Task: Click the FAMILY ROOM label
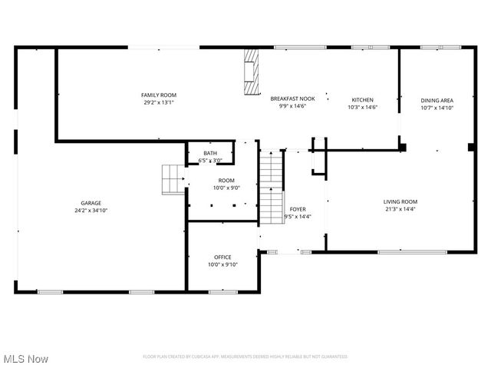pyautogui.click(x=159, y=95)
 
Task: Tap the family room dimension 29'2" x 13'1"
pyautogui.click(x=159, y=102)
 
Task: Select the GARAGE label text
pyautogui.click(x=91, y=203)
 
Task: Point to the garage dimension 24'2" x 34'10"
pyautogui.click(x=91, y=210)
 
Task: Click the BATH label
pyautogui.click(x=209, y=154)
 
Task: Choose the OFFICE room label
pyautogui.click(x=222, y=257)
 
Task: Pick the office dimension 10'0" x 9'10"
pyautogui.click(x=222, y=264)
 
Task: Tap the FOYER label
pyautogui.click(x=298, y=209)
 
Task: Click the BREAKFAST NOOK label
pyautogui.click(x=292, y=99)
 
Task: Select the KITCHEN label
pyautogui.click(x=362, y=100)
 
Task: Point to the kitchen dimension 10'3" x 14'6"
pyautogui.click(x=362, y=108)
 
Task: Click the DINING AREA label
pyautogui.click(x=437, y=100)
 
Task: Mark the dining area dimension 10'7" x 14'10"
pyautogui.click(x=437, y=108)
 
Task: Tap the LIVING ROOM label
pyautogui.click(x=400, y=201)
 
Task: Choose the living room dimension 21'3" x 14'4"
pyautogui.click(x=400, y=209)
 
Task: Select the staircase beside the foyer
pyautogui.click(x=272, y=188)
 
